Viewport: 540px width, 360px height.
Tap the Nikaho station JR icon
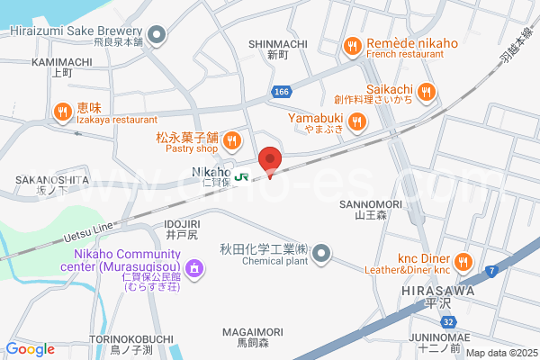click(x=241, y=176)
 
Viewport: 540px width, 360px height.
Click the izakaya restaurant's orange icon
click(x=62, y=112)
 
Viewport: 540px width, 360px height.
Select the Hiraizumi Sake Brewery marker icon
click(x=157, y=36)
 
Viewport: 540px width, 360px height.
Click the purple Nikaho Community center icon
click(x=193, y=268)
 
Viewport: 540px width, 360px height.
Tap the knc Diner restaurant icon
click(x=463, y=262)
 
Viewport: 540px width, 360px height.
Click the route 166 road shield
click(x=282, y=92)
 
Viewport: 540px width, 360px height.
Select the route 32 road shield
click(x=447, y=322)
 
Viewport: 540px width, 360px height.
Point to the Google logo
click(x=31, y=349)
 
